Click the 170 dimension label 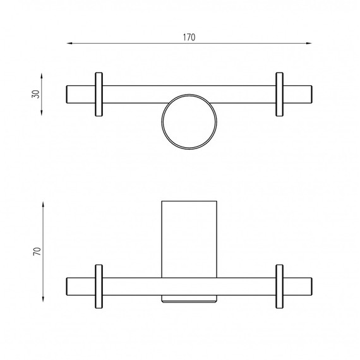(x=189, y=37)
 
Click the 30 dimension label (x=36, y=94)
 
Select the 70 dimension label (x=37, y=251)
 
